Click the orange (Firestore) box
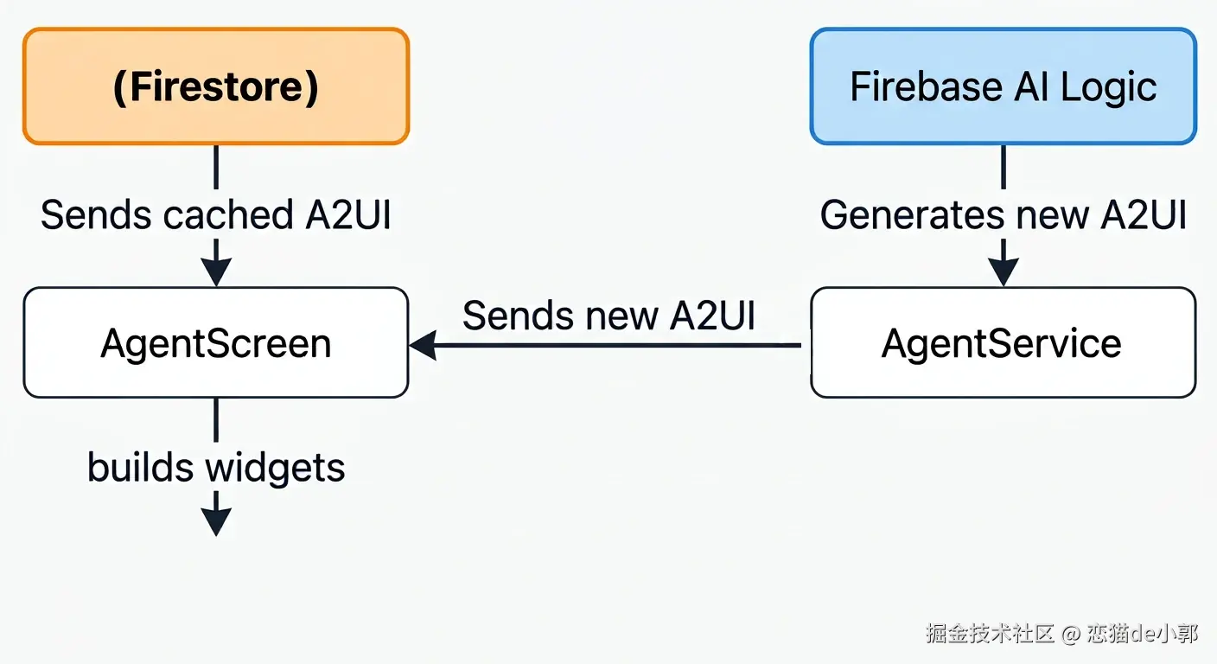(x=216, y=86)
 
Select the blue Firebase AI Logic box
(x=1003, y=86)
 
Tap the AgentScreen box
(x=216, y=343)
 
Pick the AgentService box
(x=1003, y=343)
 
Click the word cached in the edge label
(x=229, y=214)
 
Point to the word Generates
(x=912, y=214)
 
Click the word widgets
(x=275, y=468)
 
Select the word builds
(x=140, y=466)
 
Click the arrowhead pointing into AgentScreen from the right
(x=423, y=345)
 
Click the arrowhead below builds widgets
(x=216, y=521)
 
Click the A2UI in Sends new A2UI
(x=712, y=316)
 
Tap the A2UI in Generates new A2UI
(x=1144, y=214)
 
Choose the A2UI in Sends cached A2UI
(x=348, y=214)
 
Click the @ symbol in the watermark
(x=1070, y=634)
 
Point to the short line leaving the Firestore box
(x=216, y=168)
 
